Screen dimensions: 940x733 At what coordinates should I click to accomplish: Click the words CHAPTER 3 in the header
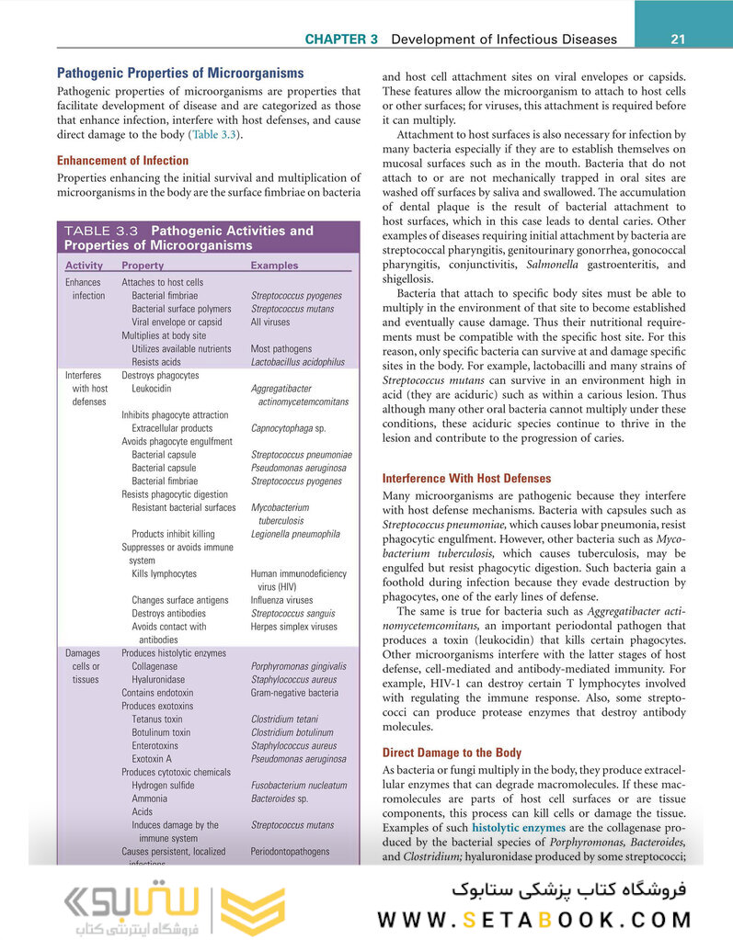[x=341, y=40]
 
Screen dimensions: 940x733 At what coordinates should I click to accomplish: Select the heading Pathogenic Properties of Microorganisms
[x=180, y=73]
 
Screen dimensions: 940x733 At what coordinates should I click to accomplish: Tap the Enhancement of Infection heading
[x=122, y=161]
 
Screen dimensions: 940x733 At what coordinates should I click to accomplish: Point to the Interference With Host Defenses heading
[x=466, y=479]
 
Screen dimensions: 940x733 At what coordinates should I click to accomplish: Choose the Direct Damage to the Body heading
[x=452, y=752]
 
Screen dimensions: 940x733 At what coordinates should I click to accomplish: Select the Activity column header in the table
[x=84, y=266]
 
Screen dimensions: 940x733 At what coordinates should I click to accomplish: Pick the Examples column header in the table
[x=274, y=266]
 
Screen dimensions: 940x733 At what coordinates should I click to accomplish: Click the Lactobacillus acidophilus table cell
[x=297, y=362]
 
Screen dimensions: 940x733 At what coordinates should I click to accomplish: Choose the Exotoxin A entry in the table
[x=152, y=759]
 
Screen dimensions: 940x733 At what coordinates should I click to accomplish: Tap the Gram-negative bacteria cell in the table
[x=294, y=693]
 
